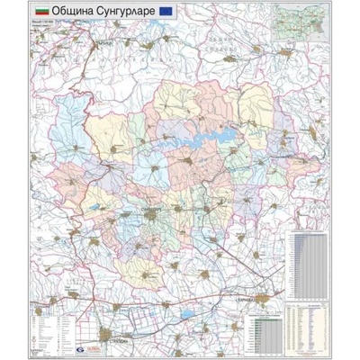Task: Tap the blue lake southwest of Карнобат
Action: pyautogui.click(x=185, y=314)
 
